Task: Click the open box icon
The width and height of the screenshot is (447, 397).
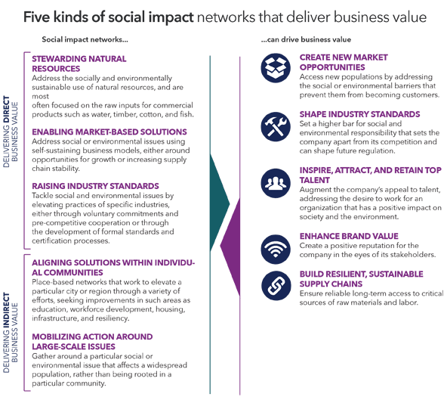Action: tap(276, 68)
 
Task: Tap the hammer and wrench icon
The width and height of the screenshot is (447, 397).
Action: tap(276, 127)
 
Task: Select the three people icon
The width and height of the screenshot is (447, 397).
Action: tap(276, 183)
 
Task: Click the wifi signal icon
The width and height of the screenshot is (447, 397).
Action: tap(276, 249)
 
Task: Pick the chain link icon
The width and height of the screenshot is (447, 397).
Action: tap(276, 286)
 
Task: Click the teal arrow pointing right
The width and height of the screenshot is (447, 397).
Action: tap(220, 203)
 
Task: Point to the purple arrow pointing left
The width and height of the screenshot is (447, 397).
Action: tap(230, 247)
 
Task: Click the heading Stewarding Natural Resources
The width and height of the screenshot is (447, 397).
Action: tap(79, 64)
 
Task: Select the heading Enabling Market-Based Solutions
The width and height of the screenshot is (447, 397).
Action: tap(109, 132)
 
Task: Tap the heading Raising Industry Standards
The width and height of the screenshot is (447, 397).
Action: tap(95, 186)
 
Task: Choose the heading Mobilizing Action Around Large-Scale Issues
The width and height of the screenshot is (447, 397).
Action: tap(92, 342)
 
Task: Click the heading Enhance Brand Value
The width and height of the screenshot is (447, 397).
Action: tap(349, 236)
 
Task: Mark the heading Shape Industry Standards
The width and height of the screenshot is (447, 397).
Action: tap(359, 114)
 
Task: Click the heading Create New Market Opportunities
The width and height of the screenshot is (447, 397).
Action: tap(344, 62)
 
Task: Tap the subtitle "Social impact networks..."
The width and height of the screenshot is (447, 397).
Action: tap(85, 39)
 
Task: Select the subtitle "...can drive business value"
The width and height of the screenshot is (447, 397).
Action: tap(306, 39)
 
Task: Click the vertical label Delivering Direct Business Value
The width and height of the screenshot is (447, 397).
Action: tap(11, 132)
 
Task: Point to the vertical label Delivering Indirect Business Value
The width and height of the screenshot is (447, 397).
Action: tap(11, 333)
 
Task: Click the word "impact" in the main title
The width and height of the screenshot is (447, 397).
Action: tap(171, 17)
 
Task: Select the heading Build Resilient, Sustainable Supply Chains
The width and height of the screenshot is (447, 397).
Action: tap(361, 279)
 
